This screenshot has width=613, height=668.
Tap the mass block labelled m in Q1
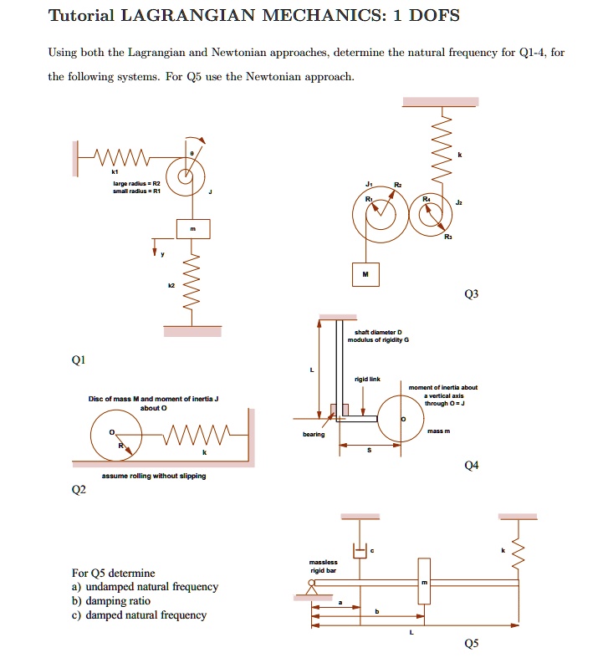coord(192,228)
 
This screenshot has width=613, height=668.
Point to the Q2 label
coord(78,491)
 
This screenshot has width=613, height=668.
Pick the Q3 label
coord(474,294)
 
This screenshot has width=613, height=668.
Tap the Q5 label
coord(473,643)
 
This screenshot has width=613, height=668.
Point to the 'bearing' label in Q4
coord(313,434)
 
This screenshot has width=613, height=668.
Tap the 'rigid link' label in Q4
coord(368,379)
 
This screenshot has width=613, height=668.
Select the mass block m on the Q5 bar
coord(424,582)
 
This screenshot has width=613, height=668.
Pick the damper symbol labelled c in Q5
coord(361,550)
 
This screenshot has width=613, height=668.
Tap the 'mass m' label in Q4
coord(439,431)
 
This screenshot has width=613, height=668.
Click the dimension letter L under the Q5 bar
coord(411,632)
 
